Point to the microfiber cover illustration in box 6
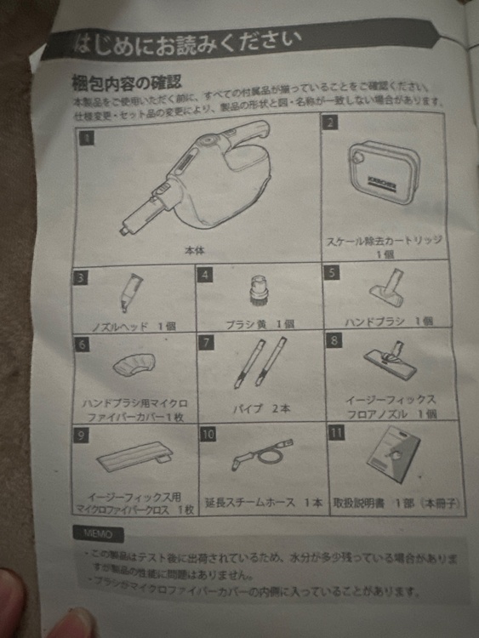tap(133, 364)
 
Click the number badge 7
tap(206, 343)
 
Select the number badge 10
tap(208, 433)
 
